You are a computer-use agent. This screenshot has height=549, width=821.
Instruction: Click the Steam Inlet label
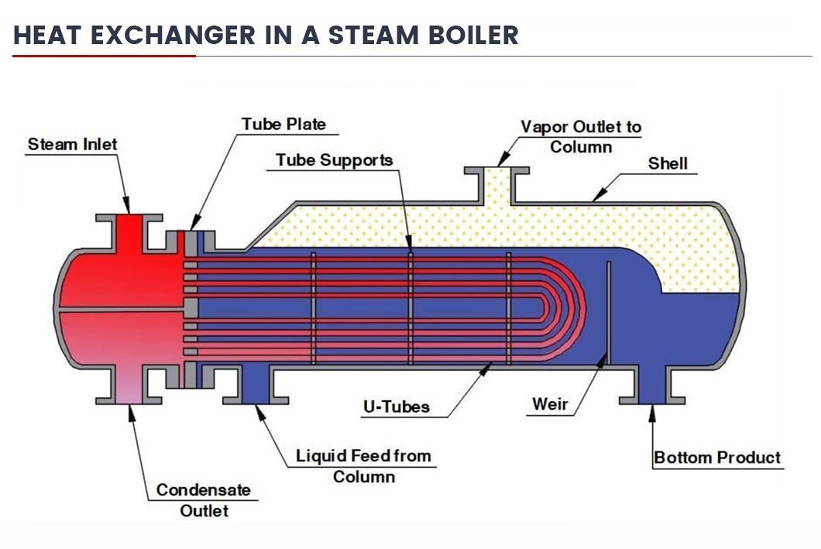tap(72, 145)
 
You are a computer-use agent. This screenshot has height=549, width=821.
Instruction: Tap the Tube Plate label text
tap(283, 125)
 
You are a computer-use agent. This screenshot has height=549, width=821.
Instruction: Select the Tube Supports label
tap(335, 160)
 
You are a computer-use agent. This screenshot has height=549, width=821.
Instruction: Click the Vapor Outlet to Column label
tap(581, 136)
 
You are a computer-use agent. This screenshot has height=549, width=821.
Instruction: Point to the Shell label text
tap(668, 164)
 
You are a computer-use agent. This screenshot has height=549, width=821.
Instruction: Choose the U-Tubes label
tap(396, 406)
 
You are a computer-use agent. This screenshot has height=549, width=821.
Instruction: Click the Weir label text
tap(551, 404)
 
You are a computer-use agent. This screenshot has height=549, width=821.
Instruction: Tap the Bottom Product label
tap(717, 458)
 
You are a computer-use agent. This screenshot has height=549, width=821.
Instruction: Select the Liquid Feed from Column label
tap(363, 465)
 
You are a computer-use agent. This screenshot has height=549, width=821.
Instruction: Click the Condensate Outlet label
tap(204, 499)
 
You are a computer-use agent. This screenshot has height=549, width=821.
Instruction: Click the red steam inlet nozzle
tap(129, 231)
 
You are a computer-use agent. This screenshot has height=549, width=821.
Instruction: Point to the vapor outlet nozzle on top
tap(496, 184)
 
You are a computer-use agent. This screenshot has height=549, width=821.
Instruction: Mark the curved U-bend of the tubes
tap(569, 309)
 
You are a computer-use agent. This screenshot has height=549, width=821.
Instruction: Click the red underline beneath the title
tap(104, 56)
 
